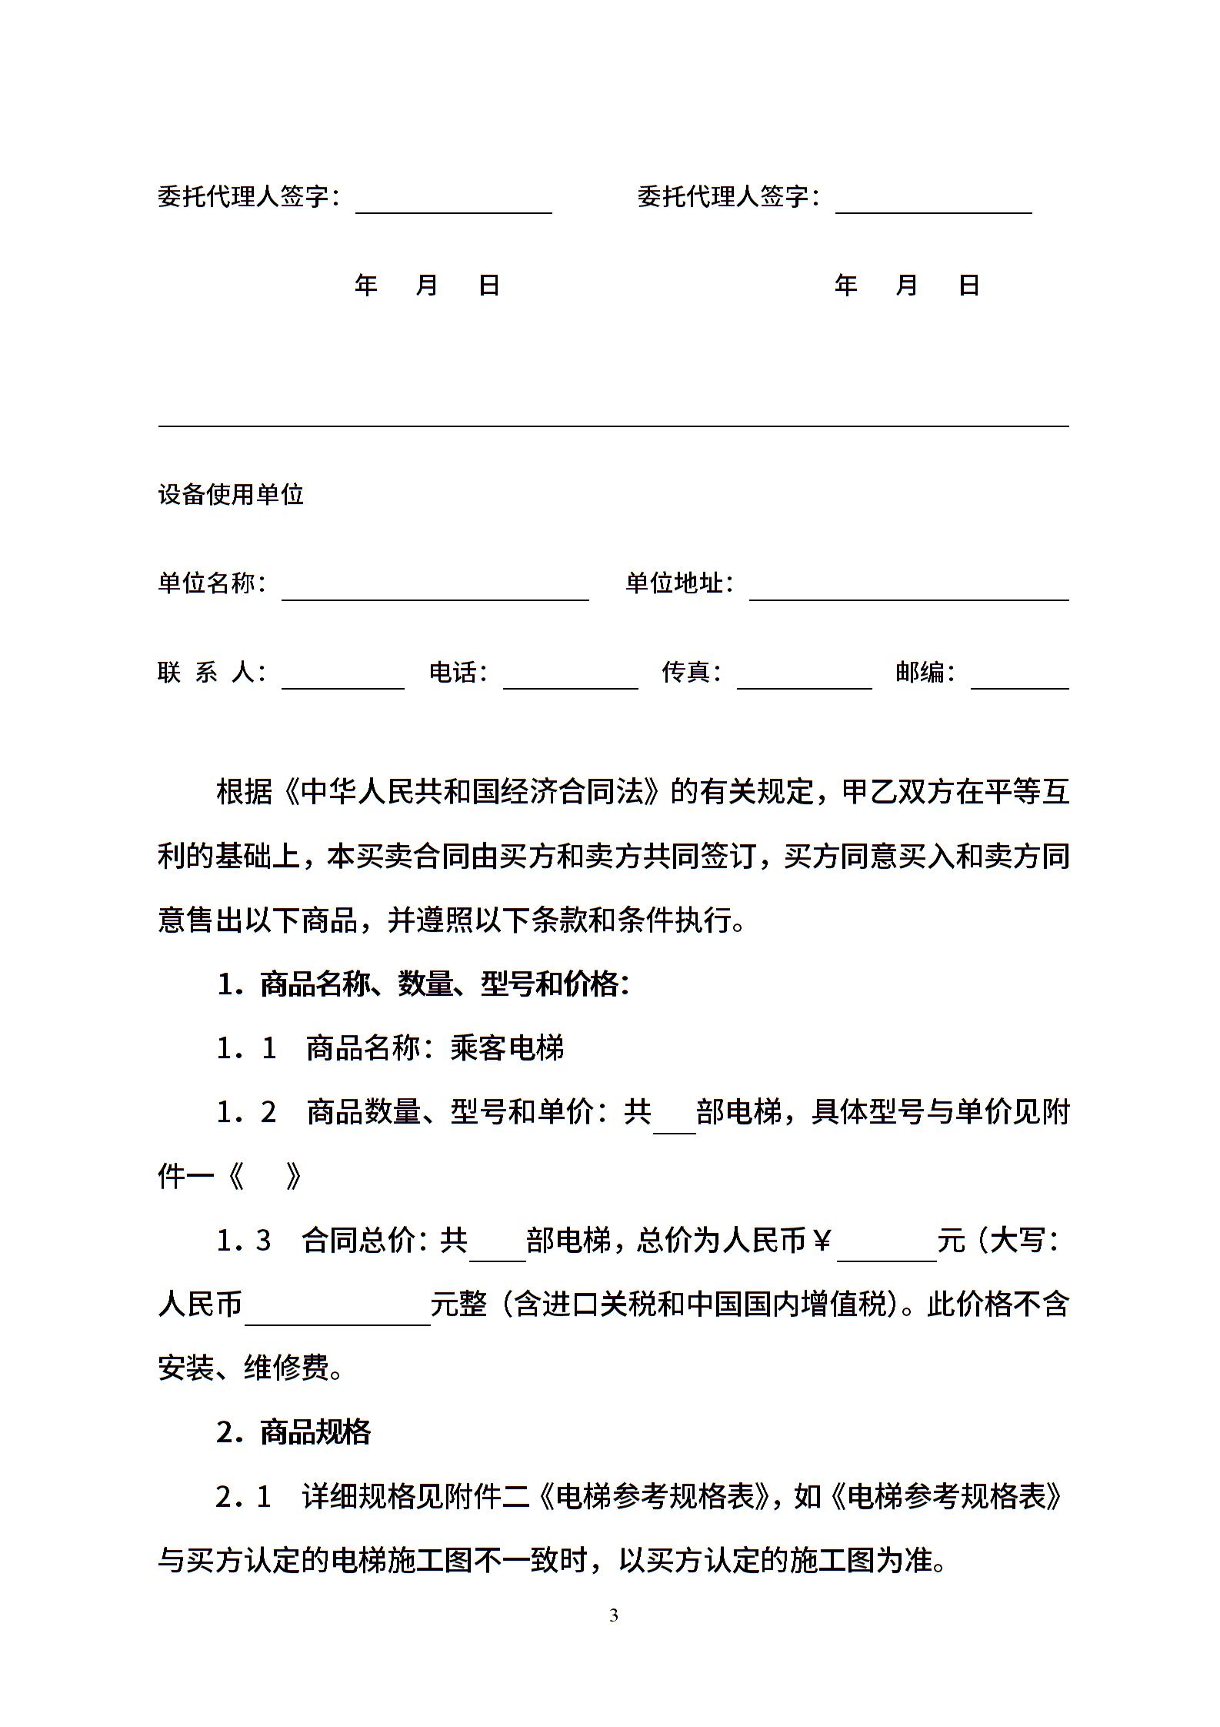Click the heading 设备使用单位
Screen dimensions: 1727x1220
point(231,494)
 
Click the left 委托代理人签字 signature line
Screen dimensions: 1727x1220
point(453,204)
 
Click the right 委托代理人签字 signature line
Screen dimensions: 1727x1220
point(933,204)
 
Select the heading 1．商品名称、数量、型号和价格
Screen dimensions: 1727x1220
point(422,984)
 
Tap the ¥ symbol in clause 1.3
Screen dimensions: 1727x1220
point(822,1240)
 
